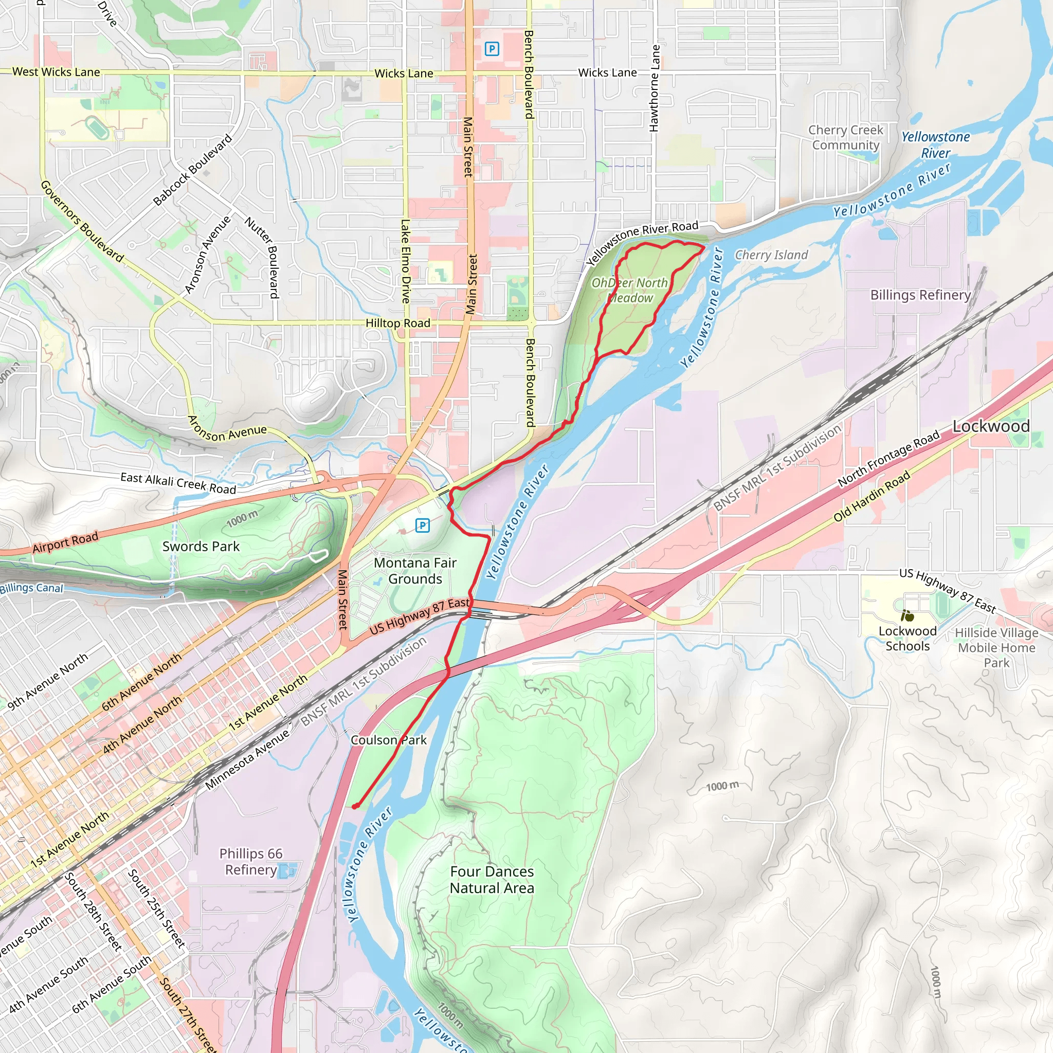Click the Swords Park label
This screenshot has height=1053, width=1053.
click(x=201, y=546)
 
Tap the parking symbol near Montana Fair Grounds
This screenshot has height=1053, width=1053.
click(x=423, y=525)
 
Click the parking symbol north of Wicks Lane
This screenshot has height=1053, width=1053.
click(x=492, y=49)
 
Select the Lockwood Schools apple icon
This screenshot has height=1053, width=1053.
click(x=907, y=616)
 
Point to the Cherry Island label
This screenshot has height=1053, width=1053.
click(x=771, y=255)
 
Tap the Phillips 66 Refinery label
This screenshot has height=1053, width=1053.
click(x=251, y=862)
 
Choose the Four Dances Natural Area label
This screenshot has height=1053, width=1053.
click(x=492, y=880)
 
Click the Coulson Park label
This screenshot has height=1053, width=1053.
click(x=388, y=740)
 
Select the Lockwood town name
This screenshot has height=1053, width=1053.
click(x=991, y=426)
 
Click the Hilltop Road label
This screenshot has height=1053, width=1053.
click(x=398, y=323)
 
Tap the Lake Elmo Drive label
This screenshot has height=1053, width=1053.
click(x=406, y=262)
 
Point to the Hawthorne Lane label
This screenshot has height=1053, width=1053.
click(x=655, y=88)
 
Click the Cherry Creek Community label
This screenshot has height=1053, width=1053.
click(x=845, y=137)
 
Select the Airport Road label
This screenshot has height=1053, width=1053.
click(x=65, y=542)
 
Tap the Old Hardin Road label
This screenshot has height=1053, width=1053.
click(x=872, y=496)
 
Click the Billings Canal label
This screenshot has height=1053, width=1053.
click(x=31, y=588)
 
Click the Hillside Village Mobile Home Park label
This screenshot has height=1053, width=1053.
click(x=996, y=647)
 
